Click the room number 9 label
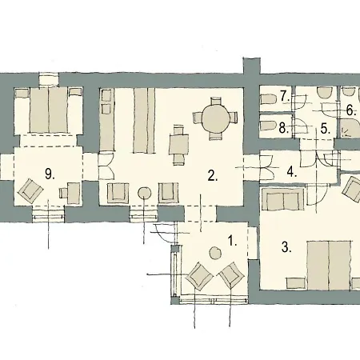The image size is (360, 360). pos(50,174)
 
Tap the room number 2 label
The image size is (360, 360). pos(213,176)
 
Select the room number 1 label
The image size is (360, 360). pos(232,241)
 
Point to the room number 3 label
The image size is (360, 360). pos(286,247)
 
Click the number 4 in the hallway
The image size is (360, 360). pos(292,172)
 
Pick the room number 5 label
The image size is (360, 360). pos(326,129)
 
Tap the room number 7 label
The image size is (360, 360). pos(285,96)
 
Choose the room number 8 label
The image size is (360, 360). pos(284,128)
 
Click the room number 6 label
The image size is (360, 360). pos(351,110)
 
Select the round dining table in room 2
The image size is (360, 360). pos(214,118)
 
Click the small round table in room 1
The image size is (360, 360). pos(215,253)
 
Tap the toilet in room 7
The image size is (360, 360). pos(268,99)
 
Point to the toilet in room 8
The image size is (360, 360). pos(268,126)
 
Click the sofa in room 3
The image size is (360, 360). pos(283,198)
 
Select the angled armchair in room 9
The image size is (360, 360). pos(30,191)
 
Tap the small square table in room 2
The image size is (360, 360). pos(179,144)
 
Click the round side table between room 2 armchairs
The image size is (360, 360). pos(145,193)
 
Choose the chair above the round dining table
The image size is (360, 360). pos(216,102)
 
